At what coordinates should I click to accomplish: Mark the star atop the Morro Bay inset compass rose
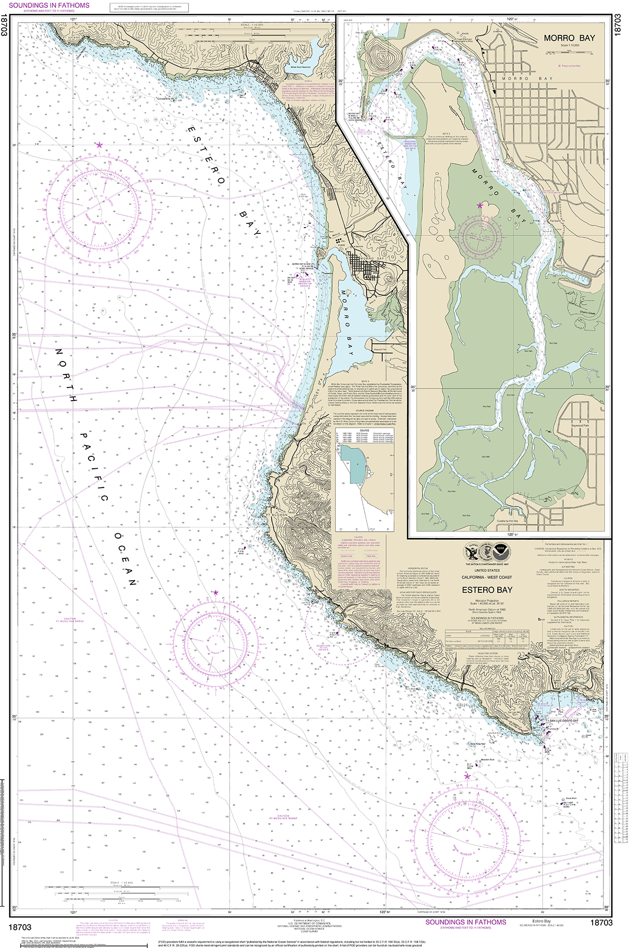(480, 206)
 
